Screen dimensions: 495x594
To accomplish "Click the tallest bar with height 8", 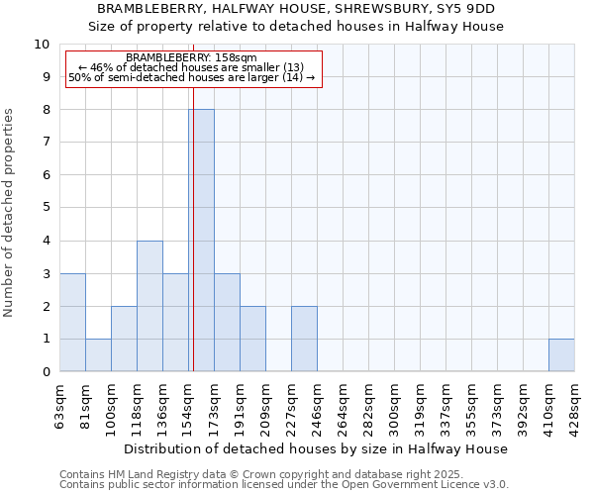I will [x=201, y=241].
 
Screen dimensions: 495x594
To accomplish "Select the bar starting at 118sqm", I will [x=149, y=306].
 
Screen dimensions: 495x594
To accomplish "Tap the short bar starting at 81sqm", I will [x=98, y=355].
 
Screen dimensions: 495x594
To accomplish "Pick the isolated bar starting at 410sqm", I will [x=561, y=355].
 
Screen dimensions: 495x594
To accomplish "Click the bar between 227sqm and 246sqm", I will [x=304, y=339].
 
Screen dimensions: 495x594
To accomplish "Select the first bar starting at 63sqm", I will [x=72, y=323].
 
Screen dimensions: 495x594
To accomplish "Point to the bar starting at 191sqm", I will [x=252, y=339].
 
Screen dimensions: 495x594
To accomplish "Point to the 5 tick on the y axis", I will [x=45, y=209].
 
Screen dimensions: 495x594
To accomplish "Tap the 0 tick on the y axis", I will [x=45, y=372].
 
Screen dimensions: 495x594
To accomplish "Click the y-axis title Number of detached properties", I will [x=10, y=214].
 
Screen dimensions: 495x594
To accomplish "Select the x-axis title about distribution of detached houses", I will [x=317, y=448].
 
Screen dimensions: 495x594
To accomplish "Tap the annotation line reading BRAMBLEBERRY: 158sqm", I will [x=191, y=58].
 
